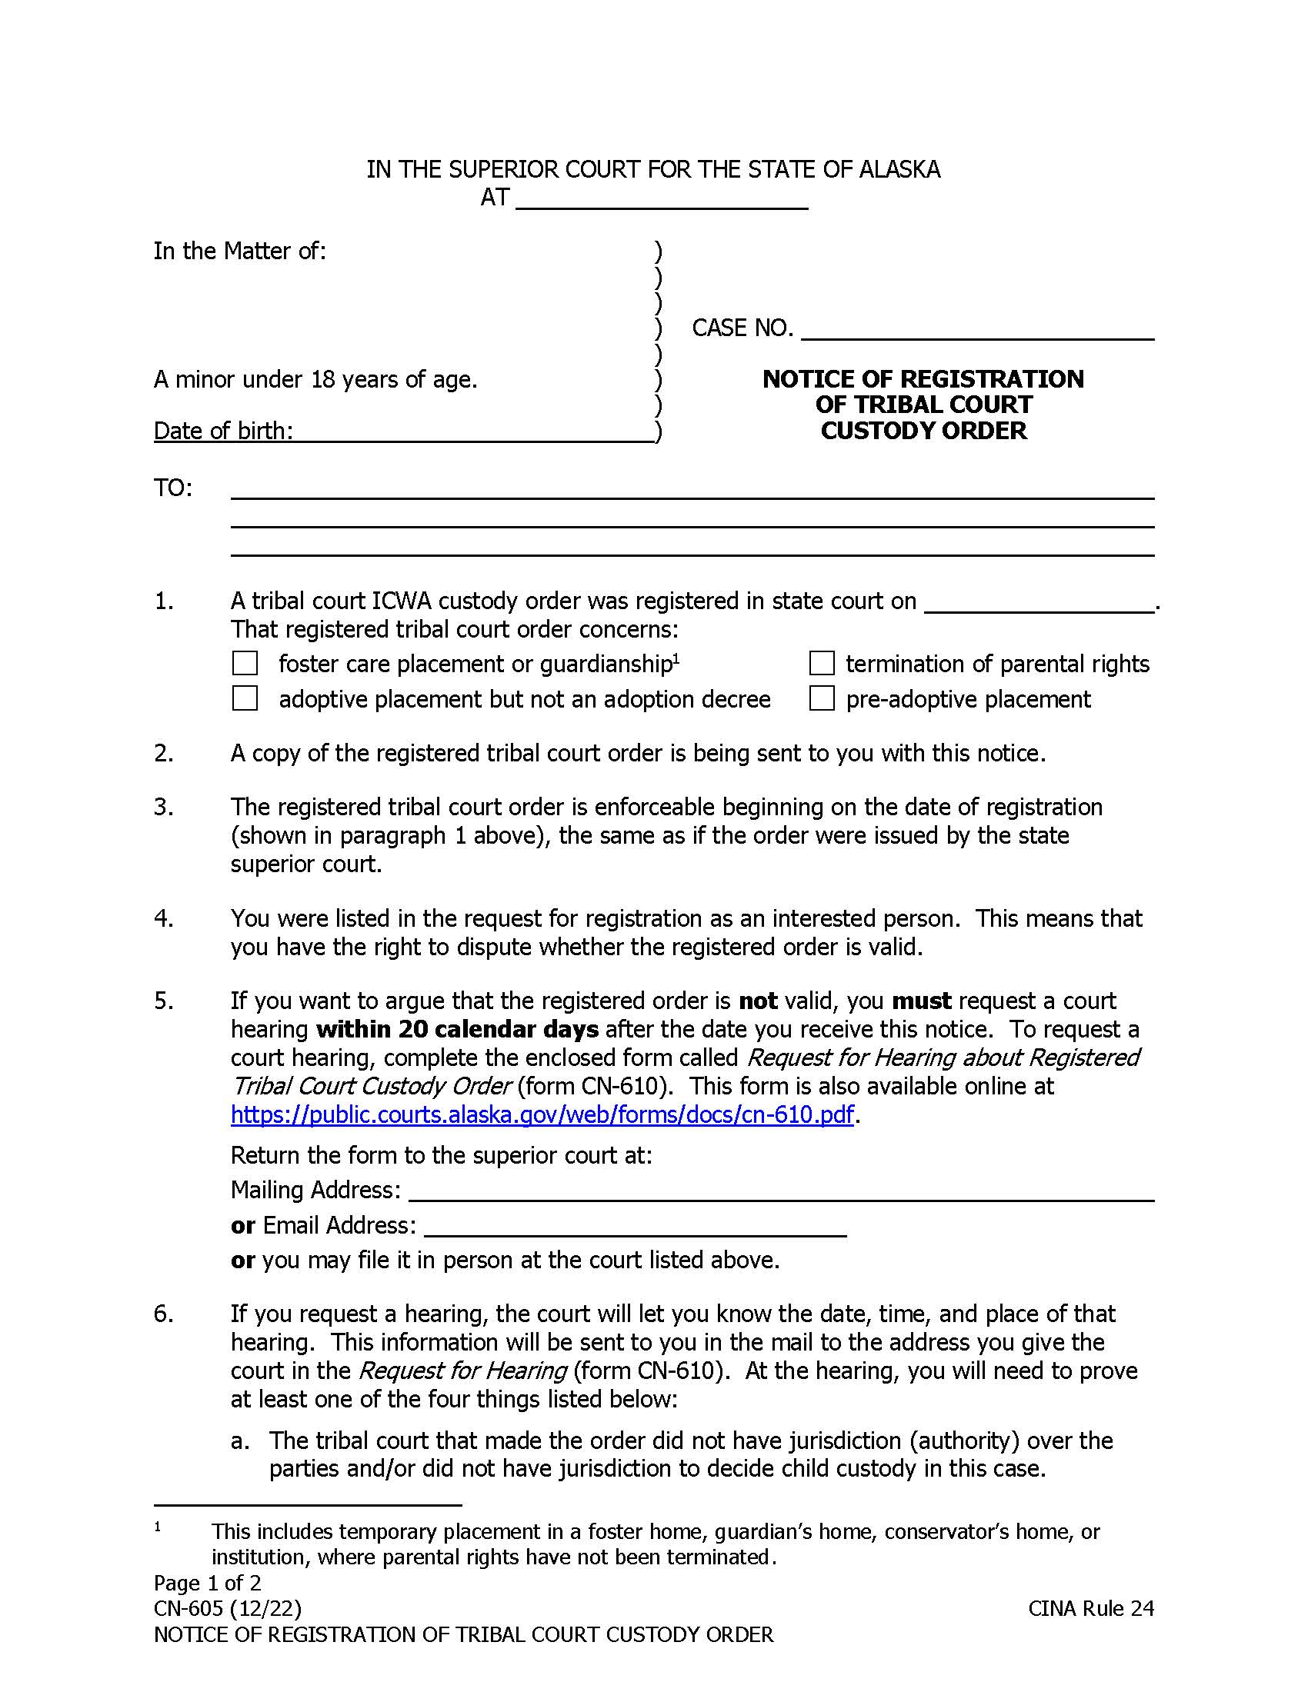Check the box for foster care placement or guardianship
[245, 663]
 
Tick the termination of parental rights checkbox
[822, 663]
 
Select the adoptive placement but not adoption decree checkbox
[245, 698]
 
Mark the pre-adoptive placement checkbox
[822, 698]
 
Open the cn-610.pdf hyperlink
[542, 1114]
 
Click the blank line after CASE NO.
[977, 330]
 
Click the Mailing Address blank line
[780, 1190]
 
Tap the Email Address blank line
[635, 1226]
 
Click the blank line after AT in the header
[661, 200]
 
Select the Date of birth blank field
[474, 431]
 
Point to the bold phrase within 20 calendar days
[457, 1029]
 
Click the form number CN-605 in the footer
[189, 1608]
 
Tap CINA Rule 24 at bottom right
[1090, 1608]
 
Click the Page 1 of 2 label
[207, 1583]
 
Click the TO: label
[173, 488]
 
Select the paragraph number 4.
[162, 919]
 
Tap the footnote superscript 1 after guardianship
[676, 658]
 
